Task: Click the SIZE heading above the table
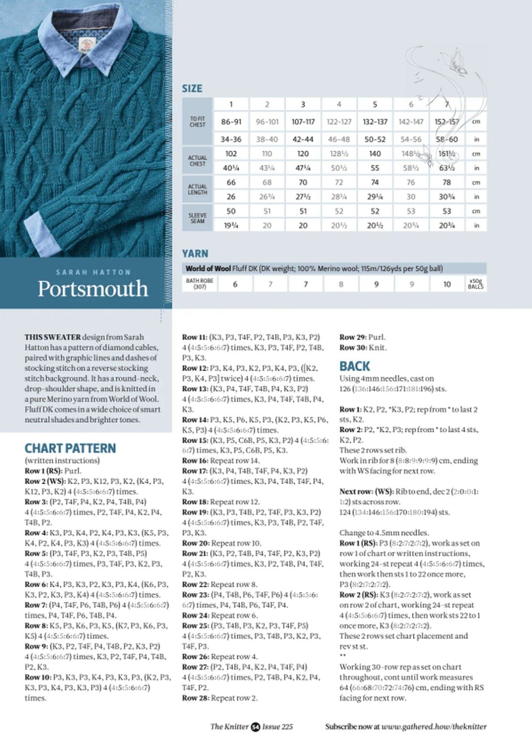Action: point(192,88)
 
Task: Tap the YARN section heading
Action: point(195,253)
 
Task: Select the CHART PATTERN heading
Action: point(70,448)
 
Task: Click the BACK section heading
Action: point(354,366)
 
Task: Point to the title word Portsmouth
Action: point(93,289)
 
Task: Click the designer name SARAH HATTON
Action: point(93,272)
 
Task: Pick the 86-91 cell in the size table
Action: point(231,121)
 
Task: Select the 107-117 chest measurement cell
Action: point(303,121)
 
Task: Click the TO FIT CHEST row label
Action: point(197,121)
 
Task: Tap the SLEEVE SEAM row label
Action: point(197,218)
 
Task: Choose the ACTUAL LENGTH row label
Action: point(197,189)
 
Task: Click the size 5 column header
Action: point(375,104)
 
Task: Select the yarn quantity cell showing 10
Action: point(447,284)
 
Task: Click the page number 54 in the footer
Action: point(255,726)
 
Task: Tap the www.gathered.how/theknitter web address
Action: point(434,726)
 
